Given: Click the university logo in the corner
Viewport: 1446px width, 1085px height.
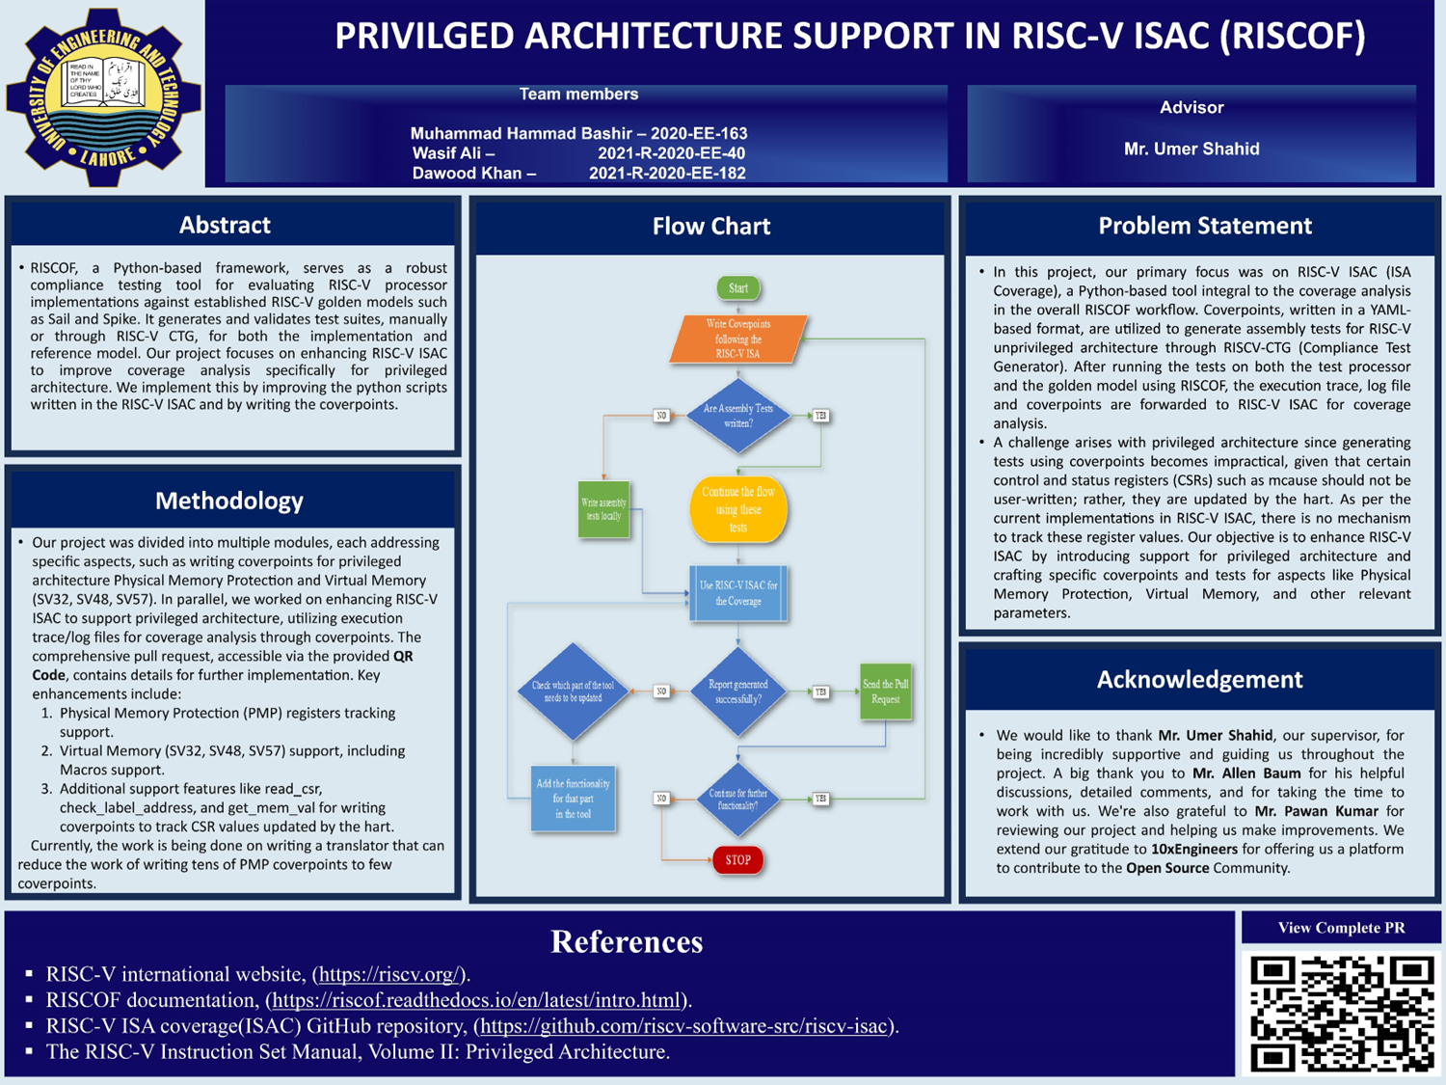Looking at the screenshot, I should click(103, 95).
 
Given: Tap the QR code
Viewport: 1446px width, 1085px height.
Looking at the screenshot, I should click(1342, 1013).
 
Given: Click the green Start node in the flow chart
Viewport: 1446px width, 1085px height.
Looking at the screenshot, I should click(738, 287).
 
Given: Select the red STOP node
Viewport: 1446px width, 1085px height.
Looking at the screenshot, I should click(738, 859).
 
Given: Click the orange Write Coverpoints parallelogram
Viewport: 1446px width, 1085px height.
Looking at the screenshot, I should click(738, 339).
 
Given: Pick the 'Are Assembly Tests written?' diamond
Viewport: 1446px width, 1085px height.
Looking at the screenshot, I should click(738, 416).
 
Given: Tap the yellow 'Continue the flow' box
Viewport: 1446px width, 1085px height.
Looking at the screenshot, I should click(738, 509).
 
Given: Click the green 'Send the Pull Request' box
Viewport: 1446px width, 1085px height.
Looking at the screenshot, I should click(886, 692).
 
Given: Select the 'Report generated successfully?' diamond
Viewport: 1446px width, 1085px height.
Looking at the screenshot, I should click(738, 692).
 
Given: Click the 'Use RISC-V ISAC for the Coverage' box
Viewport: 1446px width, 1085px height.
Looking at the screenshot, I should click(738, 593).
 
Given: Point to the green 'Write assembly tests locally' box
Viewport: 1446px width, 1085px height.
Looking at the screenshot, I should click(603, 509).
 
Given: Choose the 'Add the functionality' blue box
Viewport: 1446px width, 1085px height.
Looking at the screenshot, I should click(573, 799).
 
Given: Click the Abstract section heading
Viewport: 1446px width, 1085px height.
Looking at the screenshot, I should click(225, 225).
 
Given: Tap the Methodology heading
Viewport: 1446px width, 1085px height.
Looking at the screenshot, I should click(229, 501).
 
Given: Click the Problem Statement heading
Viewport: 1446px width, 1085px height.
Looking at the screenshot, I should click(1205, 226).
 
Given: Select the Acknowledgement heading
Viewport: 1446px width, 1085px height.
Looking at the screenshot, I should click(1200, 679).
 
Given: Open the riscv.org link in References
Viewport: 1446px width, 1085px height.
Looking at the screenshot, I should click(390, 974).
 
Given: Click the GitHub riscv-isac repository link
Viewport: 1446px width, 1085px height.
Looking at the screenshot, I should click(684, 1026).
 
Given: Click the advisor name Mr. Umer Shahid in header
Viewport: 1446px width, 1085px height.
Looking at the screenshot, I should click(1192, 149).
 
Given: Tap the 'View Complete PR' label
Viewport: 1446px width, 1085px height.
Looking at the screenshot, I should click(1341, 928).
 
